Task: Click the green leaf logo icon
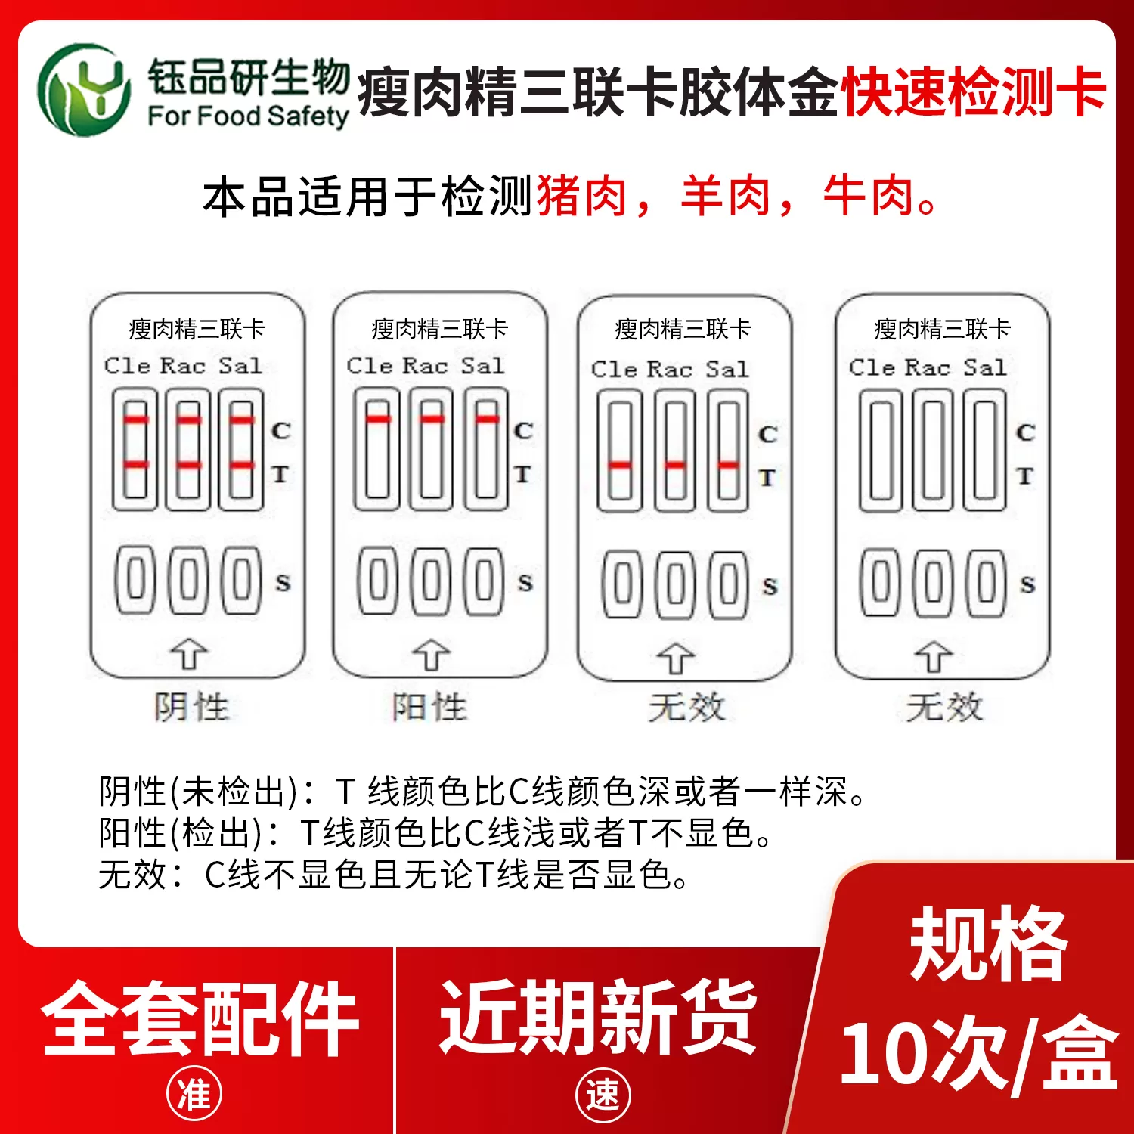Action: pyautogui.click(x=85, y=90)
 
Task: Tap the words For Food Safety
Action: pyautogui.click(x=248, y=116)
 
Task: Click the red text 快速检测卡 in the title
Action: pyautogui.click(x=974, y=92)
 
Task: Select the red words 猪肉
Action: pyautogui.click(x=581, y=196)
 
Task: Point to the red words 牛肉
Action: pyautogui.click(x=869, y=196)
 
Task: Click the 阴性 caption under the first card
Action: pyautogui.click(x=191, y=708)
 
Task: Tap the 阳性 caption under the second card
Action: pyautogui.click(x=430, y=708)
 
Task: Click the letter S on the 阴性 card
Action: pyautogui.click(x=283, y=583)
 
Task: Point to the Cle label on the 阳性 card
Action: pyautogui.click(x=370, y=365)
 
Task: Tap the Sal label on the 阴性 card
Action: pyautogui.click(x=240, y=365)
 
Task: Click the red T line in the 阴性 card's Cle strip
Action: pyautogui.click(x=136, y=464)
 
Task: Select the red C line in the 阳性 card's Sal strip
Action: pyautogui.click(x=488, y=419)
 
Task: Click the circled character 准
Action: pyautogui.click(x=194, y=1094)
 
